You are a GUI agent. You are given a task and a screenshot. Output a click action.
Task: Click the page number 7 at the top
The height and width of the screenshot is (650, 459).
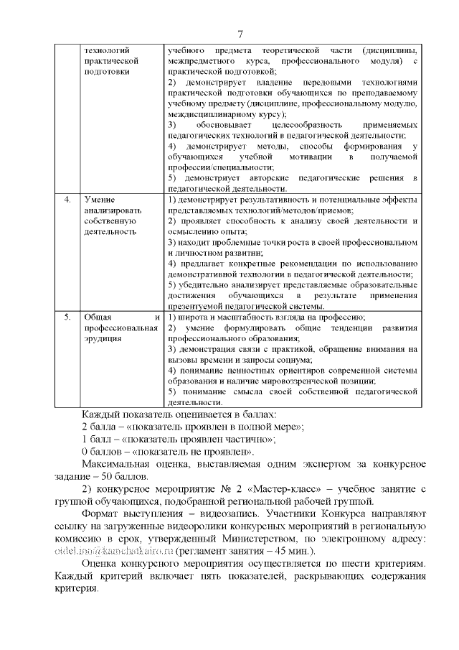(240, 33)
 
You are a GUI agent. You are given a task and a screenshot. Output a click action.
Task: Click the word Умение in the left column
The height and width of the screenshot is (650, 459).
(99, 198)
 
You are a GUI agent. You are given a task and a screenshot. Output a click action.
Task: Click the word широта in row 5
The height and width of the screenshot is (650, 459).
(191, 317)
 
